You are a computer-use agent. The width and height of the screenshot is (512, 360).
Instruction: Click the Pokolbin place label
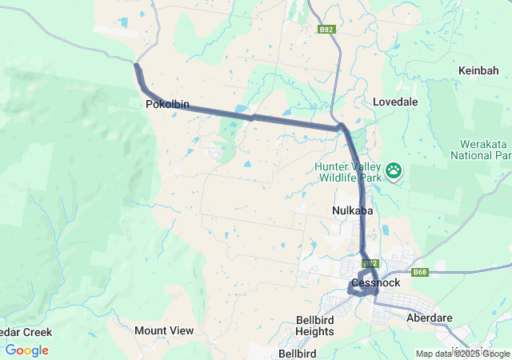coord(167,104)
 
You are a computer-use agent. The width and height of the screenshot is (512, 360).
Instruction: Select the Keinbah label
coord(479,70)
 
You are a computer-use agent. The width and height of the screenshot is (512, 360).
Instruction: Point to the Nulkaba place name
coord(350,210)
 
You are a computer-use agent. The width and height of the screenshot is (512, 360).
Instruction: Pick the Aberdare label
coord(430,318)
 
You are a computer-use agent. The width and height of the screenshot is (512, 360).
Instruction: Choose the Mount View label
coord(164,330)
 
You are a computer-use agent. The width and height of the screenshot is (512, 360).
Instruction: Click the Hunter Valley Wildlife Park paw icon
coord(394,170)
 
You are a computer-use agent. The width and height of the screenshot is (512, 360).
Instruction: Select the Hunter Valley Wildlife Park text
coord(348,171)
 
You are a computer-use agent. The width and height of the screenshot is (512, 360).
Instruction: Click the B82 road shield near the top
coord(326,30)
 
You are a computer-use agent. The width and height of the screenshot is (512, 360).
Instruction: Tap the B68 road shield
coord(421,273)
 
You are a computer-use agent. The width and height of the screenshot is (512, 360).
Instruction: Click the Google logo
coord(27,350)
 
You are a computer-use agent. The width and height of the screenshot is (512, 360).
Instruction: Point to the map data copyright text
coord(462,354)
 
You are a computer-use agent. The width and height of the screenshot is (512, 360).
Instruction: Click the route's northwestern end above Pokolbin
coord(137,66)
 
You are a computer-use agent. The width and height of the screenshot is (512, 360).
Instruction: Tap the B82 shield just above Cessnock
coord(370,263)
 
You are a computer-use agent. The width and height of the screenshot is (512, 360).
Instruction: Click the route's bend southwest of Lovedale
coord(341,126)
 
